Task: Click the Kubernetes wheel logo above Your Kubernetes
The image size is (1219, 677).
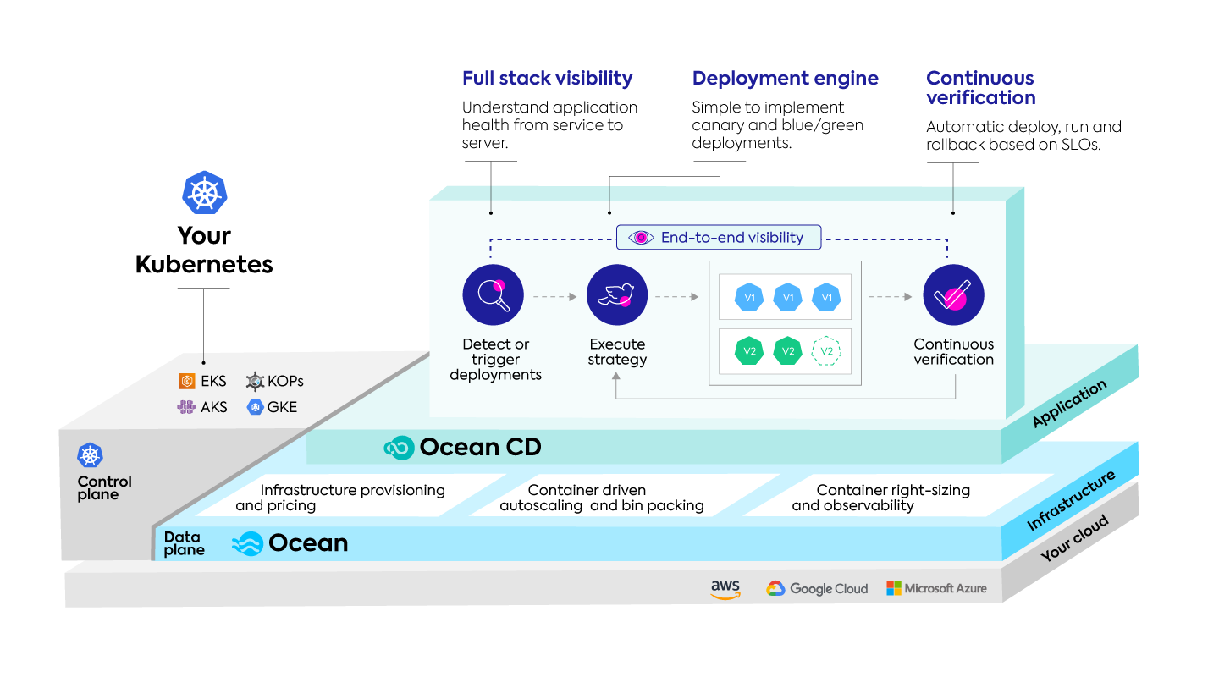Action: (204, 193)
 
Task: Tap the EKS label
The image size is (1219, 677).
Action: (213, 382)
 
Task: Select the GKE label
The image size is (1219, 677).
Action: (282, 407)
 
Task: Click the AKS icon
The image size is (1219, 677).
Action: (186, 407)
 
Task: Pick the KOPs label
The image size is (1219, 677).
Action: (285, 382)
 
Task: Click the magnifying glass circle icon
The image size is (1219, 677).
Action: (493, 295)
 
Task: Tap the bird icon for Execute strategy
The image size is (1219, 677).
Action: (617, 295)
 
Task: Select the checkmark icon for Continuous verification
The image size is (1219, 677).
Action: (953, 295)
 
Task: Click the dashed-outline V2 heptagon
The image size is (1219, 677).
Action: (826, 351)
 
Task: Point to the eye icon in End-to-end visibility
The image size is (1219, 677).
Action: (641, 238)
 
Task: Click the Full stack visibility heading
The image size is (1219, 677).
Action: (547, 79)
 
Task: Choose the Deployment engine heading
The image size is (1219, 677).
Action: (785, 79)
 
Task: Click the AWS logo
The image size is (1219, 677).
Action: (725, 589)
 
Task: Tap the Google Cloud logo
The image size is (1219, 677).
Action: (817, 589)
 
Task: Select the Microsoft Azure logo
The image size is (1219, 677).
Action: (936, 588)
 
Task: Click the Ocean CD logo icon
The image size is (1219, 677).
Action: (398, 448)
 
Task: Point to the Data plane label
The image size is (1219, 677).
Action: (184, 543)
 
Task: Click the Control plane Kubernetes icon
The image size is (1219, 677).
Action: (90, 455)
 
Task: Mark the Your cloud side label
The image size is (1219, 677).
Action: (1074, 539)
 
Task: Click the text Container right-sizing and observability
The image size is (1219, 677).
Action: (880, 498)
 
